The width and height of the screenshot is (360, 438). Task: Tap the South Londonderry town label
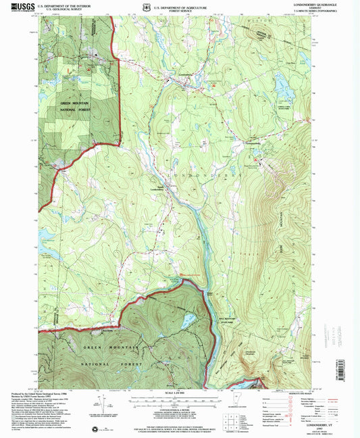click(155, 189)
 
